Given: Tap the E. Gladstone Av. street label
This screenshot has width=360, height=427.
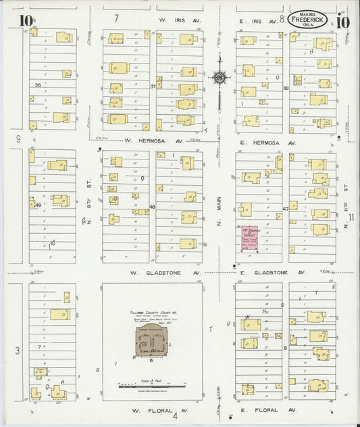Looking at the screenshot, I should click(x=268, y=273).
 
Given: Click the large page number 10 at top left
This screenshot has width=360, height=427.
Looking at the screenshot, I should click(x=25, y=20).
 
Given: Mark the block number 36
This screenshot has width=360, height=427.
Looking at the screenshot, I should click(x=38, y=85).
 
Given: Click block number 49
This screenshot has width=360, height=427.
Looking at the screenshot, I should click(x=38, y=205).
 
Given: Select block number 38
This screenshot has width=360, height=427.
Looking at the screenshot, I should click(x=286, y=89).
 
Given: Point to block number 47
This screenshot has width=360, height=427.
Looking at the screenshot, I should click(x=286, y=209).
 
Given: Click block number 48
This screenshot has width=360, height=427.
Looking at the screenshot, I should click(x=153, y=207).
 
